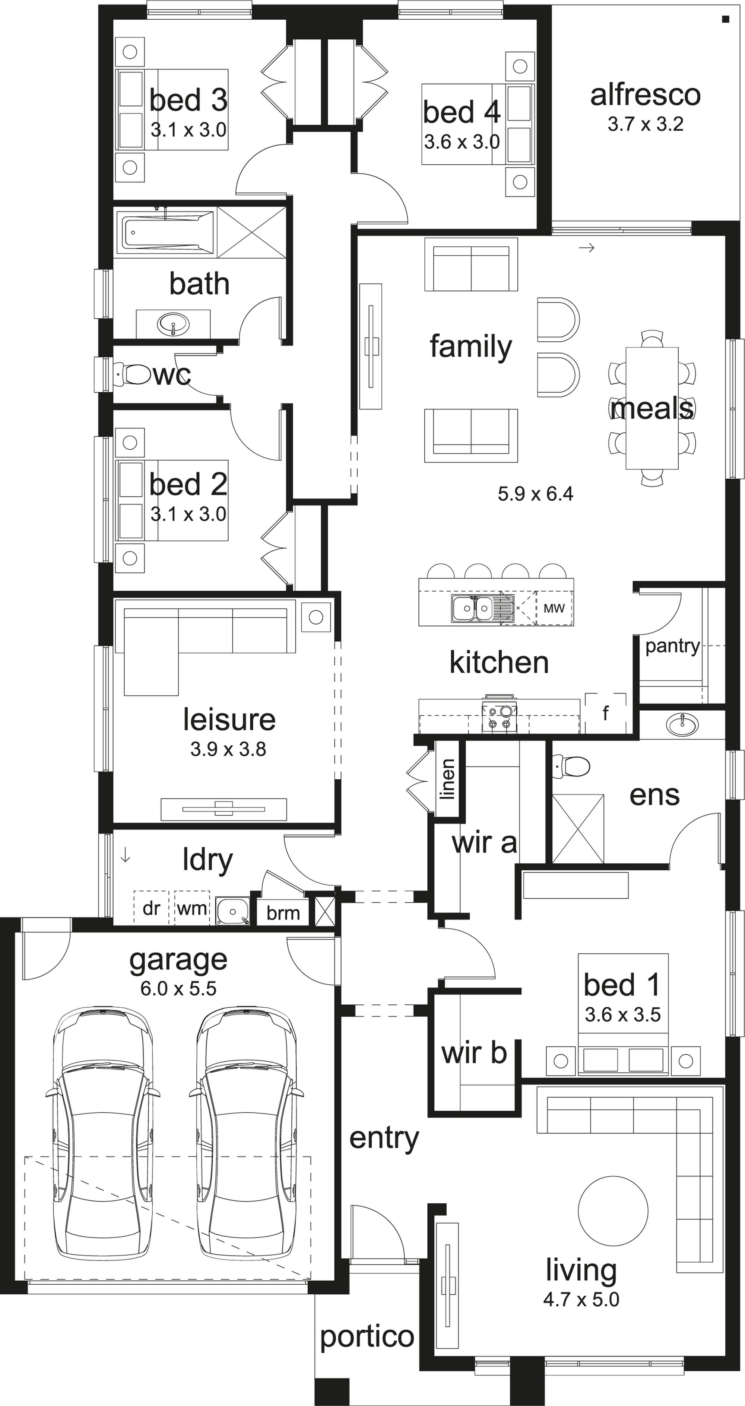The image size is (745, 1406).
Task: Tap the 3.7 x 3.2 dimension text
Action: [645, 124]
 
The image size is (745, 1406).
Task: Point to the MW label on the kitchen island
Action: [554, 608]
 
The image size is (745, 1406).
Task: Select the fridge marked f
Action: [605, 713]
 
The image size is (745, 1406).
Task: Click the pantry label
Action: [672, 646]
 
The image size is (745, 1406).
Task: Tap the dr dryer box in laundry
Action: [151, 908]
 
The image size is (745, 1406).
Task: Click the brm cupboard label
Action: [283, 913]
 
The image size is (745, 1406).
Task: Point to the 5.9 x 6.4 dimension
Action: [535, 494]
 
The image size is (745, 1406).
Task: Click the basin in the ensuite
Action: [682, 725]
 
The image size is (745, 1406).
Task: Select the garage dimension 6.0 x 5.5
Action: [178, 988]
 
